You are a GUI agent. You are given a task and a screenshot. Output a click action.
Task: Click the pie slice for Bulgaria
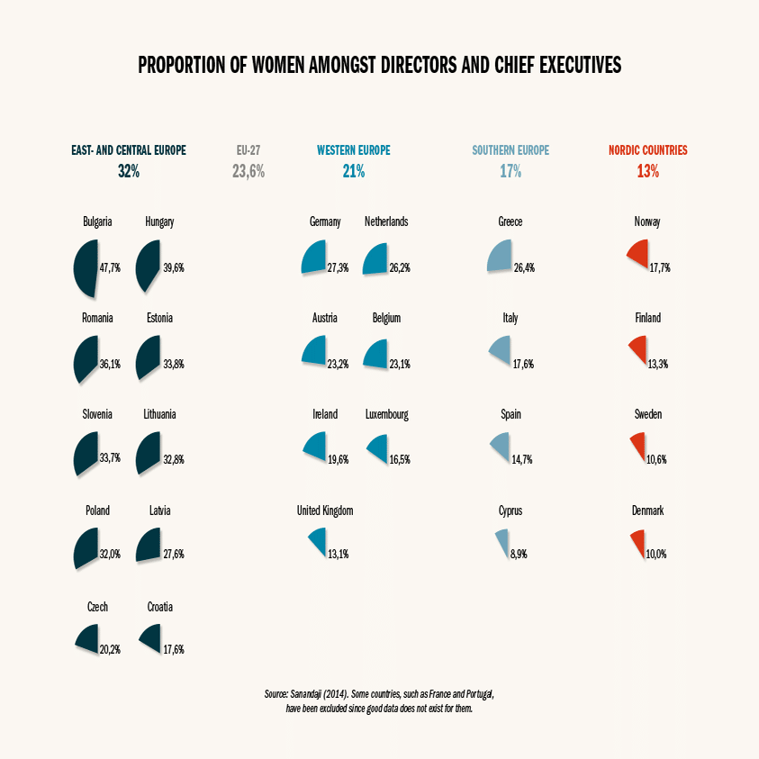(84, 268)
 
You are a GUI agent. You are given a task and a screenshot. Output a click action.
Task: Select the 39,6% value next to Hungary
(172, 268)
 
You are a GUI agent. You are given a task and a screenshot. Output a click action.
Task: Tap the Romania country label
(97, 318)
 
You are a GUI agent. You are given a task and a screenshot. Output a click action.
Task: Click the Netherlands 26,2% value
(401, 268)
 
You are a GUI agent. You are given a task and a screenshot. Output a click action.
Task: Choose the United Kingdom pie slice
(318, 541)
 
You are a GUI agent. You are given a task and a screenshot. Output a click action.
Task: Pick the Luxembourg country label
(387, 414)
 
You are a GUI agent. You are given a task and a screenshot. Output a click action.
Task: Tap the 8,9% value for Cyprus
(519, 555)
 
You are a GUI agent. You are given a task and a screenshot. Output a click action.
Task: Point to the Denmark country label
(647, 511)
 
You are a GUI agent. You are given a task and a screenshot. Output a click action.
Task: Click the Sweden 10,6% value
(656, 459)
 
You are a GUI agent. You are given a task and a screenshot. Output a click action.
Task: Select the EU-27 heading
(248, 150)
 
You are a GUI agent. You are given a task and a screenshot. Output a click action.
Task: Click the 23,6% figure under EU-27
(248, 171)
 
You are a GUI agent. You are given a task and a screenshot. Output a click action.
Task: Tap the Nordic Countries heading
(647, 150)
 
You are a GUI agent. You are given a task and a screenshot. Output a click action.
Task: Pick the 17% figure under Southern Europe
(511, 171)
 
